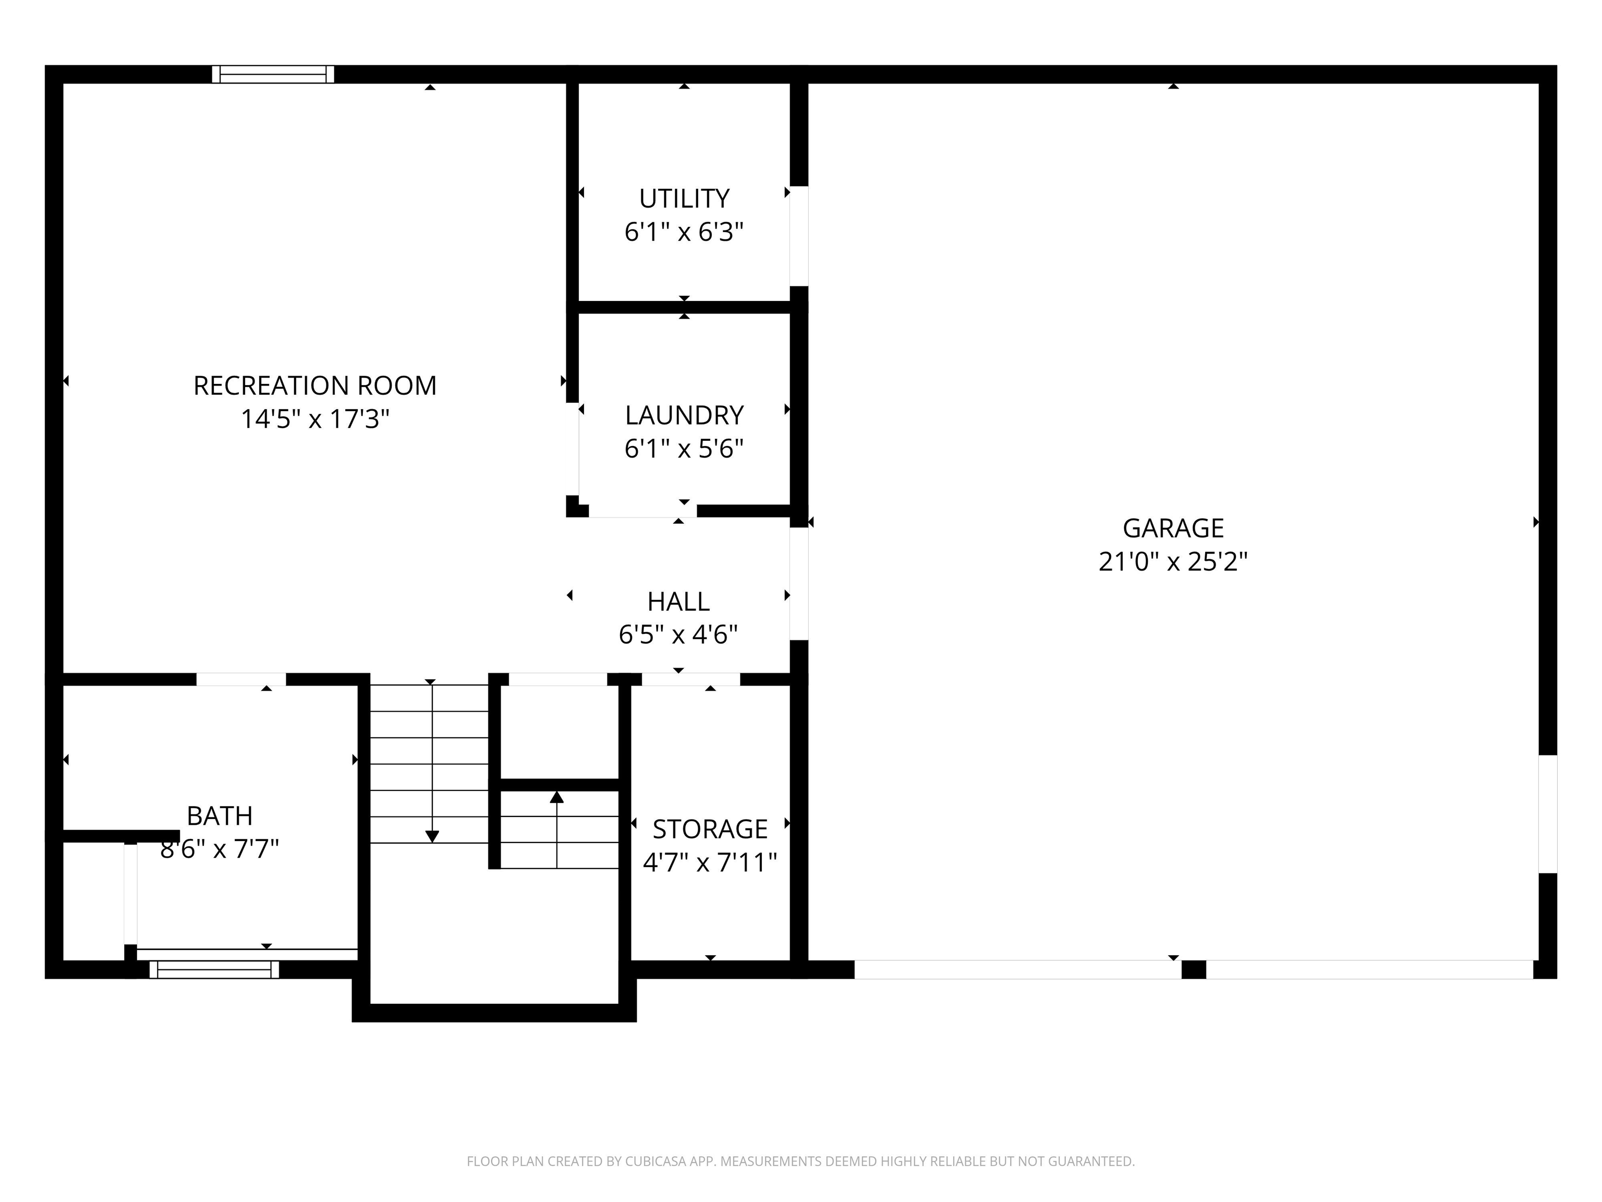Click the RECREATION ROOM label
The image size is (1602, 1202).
click(314, 386)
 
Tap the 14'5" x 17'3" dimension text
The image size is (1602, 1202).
click(314, 419)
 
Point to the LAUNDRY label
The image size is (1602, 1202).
click(684, 415)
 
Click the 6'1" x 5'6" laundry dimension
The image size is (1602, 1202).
click(684, 449)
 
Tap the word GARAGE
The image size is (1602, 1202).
click(1172, 528)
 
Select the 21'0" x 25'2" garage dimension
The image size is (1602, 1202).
click(1172, 561)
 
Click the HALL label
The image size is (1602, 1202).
click(678, 602)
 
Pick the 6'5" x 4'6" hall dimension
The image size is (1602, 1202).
click(678, 635)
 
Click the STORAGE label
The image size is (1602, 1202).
click(710, 829)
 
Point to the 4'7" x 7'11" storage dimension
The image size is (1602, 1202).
click(710, 862)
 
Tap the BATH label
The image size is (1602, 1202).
click(220, 816)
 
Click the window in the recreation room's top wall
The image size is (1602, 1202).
click(273, 74)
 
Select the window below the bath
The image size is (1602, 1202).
click(214, 969)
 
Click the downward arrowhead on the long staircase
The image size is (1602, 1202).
click(432, 837)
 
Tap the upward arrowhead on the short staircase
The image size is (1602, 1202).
click(556, 797)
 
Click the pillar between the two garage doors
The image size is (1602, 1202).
click(1194, 969)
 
